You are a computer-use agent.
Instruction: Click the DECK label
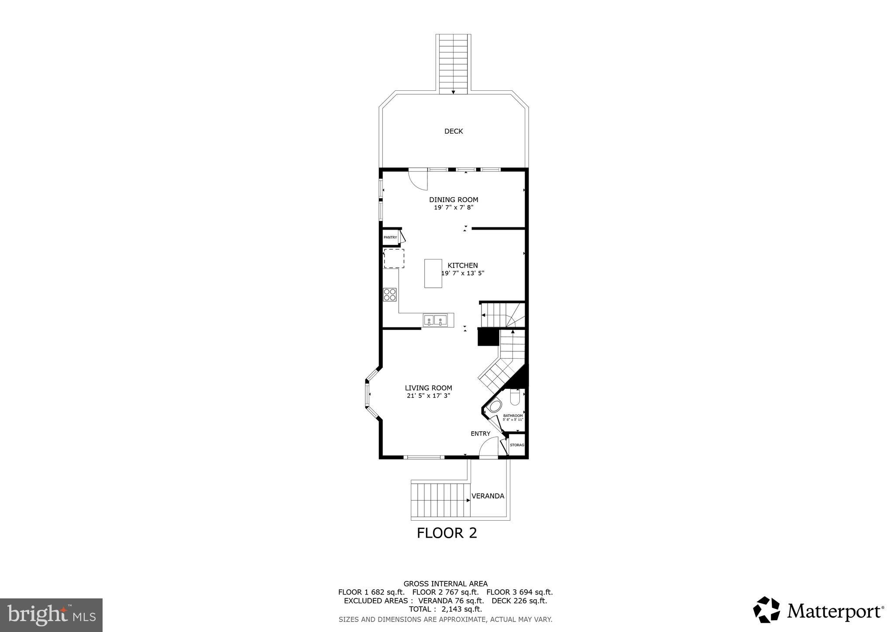[454, 131]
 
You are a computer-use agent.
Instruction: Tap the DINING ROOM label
[454, 200]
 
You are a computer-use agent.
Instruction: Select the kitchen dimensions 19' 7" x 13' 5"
[463, 273]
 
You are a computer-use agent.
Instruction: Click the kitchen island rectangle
[433, 273]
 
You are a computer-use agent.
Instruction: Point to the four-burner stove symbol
[390, 295]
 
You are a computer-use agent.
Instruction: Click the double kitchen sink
[435, 321]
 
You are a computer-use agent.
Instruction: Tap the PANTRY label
[390, 237]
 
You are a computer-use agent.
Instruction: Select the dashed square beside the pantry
[394, 258]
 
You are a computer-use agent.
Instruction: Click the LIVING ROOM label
[428, 388]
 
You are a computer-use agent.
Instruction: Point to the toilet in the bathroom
[515, 398]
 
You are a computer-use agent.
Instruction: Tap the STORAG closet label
[517, 445]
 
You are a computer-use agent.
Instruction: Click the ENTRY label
[480, 433]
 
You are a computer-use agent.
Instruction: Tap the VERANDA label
[488, 496]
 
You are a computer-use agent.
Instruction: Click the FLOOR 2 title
[447, 533]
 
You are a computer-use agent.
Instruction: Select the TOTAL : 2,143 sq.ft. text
[445, 609]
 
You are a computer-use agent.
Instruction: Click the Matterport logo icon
[766, 610]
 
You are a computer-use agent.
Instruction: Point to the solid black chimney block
[488, 337]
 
